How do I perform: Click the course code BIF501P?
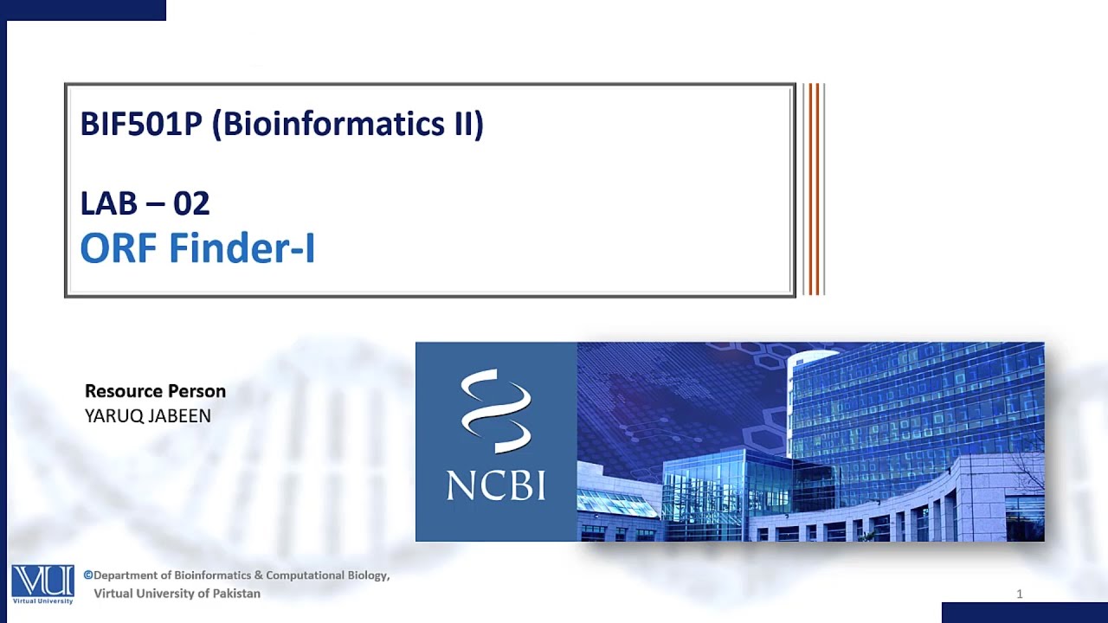pos(140,124)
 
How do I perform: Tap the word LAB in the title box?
pos(108,203)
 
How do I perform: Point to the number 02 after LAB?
pos(191,203)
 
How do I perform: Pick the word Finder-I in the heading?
pos(242,248)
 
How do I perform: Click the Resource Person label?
pos(155,391)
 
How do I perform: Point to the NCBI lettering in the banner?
pos(496,485)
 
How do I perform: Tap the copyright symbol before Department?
pos(88,575)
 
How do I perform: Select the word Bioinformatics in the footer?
pos(213,575)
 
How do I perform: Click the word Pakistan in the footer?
pos(233,594)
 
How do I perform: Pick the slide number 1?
pos(1020,594)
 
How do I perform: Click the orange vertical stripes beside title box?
pos(813,189)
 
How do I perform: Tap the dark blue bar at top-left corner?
pos(83,10)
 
